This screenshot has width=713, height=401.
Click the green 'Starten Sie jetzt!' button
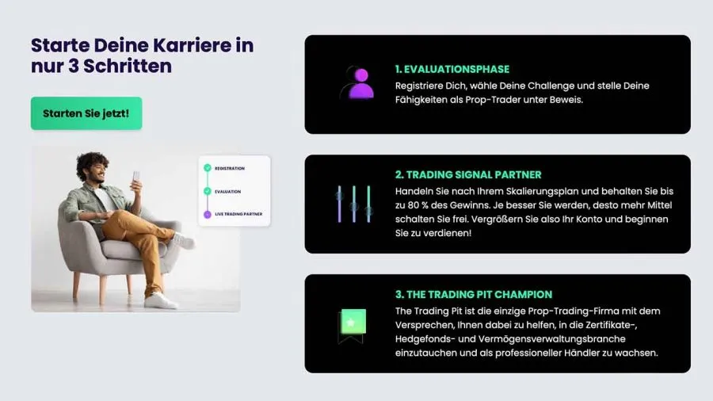[86, 113]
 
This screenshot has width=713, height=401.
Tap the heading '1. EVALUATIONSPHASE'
[452, 70]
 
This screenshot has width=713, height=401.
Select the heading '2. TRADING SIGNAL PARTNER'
[468, 175]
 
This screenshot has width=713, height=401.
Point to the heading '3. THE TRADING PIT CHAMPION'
[474, 295]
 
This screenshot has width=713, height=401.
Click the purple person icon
[360, 82]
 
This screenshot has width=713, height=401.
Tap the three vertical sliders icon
[354, 204]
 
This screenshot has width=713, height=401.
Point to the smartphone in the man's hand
[136, 180]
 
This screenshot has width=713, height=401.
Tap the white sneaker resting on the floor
[161, 300]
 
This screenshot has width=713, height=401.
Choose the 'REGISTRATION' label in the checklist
[230, 169]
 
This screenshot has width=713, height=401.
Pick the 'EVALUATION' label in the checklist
[228, 192]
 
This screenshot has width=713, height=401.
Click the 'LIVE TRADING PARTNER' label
[238, 214]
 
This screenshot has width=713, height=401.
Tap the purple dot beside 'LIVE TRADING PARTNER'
[208, 214]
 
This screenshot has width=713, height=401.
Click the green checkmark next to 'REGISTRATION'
[208, 168]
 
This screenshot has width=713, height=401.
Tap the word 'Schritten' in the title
[128, 67]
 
